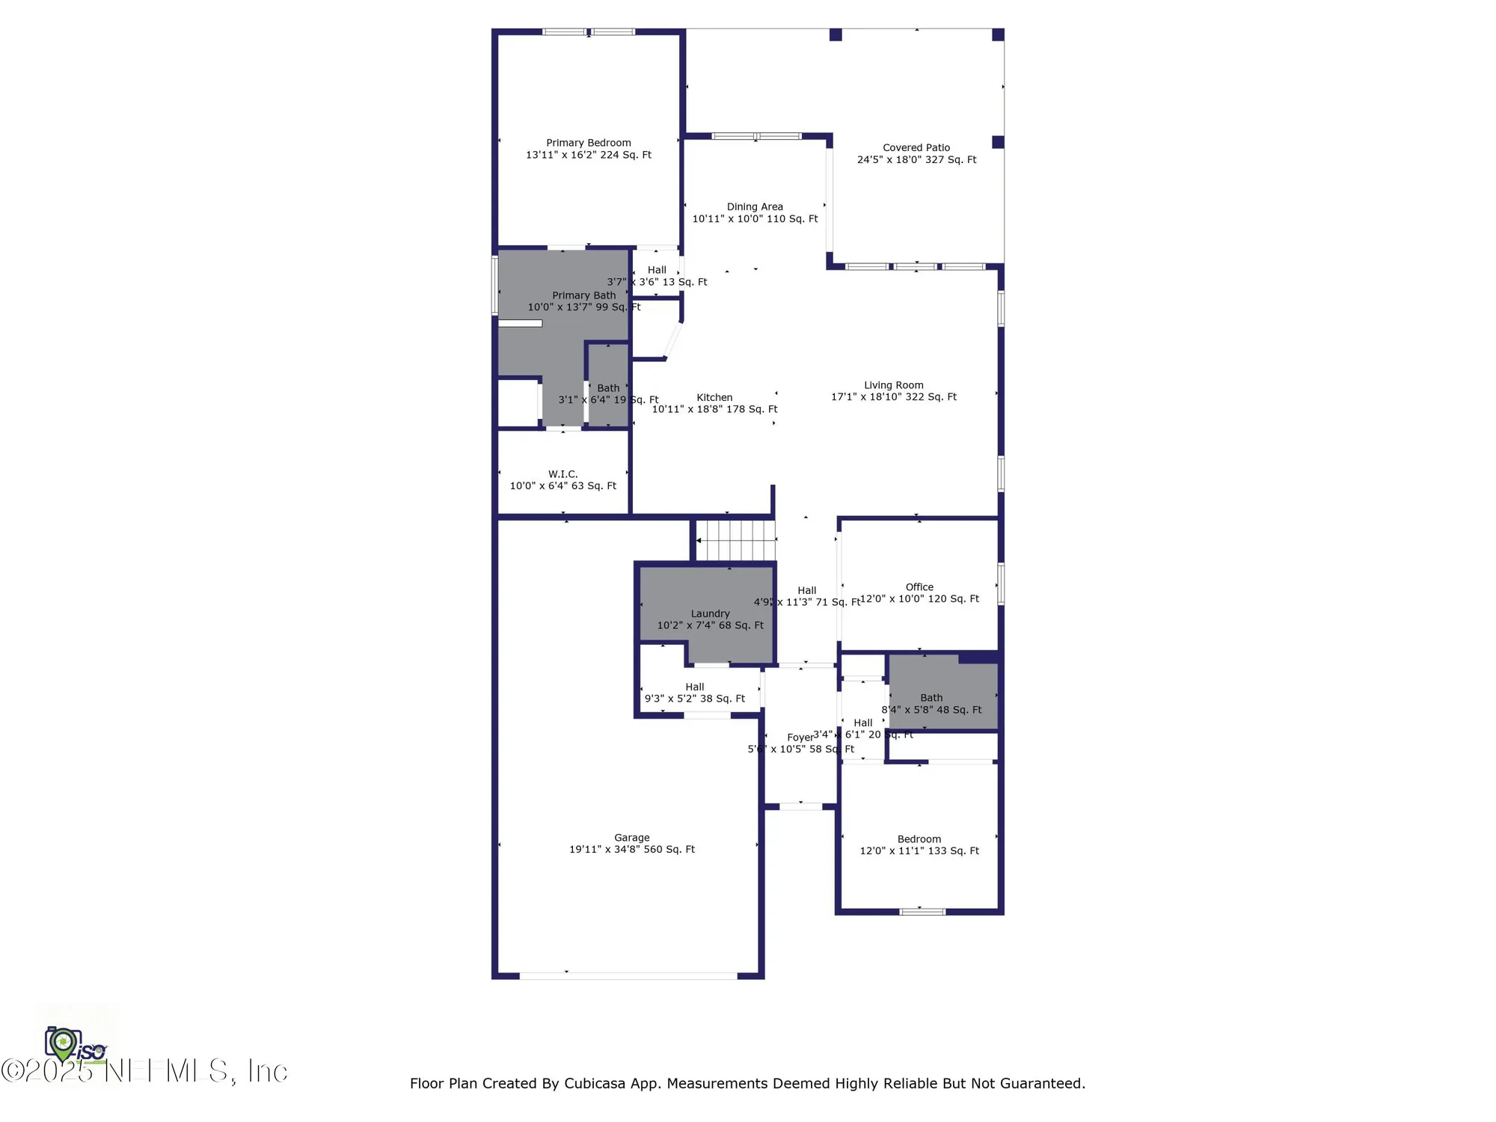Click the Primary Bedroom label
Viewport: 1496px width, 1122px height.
pyautogui.click(x=588, y=143)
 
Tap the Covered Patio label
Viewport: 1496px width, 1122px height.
pyautogui.click(x=916, y=148)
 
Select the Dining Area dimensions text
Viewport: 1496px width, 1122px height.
pyautogui.click(x=755, y=219)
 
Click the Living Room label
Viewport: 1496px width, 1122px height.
pyautogui.click(x=893, y=385)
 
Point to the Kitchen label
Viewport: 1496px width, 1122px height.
pyautogui.click(x=714, y=398)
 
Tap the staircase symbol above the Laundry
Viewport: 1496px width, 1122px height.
pyautogui.click(x=736, y=540)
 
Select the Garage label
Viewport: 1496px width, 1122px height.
pyautogui.click(x=631, y=838)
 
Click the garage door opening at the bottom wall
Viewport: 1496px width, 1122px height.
pyautogui.click(x=628, y=975)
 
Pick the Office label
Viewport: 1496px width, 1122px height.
pyautogui.click(x=919, y=587)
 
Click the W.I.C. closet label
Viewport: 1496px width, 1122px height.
pyautogui.click(x=562, y=474)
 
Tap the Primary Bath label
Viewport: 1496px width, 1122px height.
pyautogui.click(x=583, y=295)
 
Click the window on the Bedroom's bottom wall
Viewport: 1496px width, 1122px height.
pyautogui.click(x=922, y=911)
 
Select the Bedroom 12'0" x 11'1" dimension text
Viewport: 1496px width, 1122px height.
pyautogui.click(x=919, y=851)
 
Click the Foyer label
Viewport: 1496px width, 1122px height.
pyautogui.click(x=800, y=738)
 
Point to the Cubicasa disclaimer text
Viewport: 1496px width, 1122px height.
pyautogui.click(x=747, y=1083)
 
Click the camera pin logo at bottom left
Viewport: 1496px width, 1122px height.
pyautogui.click(x=64, y=1043)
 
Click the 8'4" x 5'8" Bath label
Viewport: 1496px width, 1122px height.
pyautogui.click(x=931, y=698)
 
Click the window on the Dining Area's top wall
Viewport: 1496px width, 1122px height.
pyautogui.click(x=755, y=136)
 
